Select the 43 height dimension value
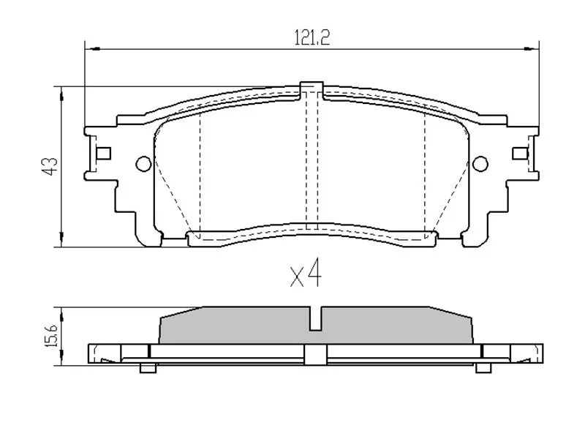click(x=50, y=167)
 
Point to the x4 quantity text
click(x=306, y=276)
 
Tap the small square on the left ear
click(x=104, y=153)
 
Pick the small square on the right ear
click(x=520, y=153)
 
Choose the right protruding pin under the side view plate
click(x=483, y=367)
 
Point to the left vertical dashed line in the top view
click(x=200, y=172)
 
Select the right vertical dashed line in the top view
click(x=425, y=172)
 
